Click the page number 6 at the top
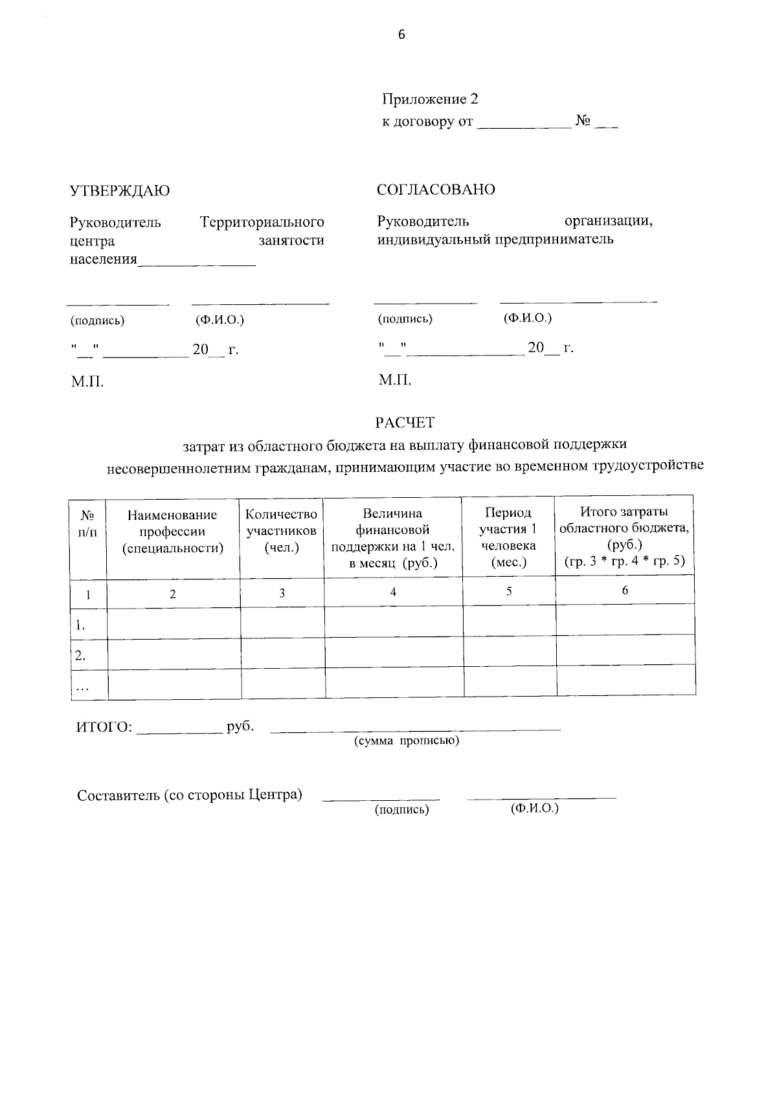tap(401, 35)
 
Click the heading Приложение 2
tap(430, 99)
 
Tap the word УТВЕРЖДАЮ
tap(120, 191)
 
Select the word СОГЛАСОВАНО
tap(436, 190)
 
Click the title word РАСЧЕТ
tap(405, 423)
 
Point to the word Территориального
tap(262, 223)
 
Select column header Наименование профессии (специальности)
tap(172, 532)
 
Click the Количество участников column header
tap(281, 531)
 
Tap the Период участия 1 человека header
tap(508, 537)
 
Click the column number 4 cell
tap(393, 592)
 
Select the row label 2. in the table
tap(80, 655)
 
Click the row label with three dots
tap(82, 688)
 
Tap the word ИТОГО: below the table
tap(104, 727)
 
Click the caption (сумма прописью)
tap(406, 741)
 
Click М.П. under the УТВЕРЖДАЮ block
tap(87, 381)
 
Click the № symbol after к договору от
tap(581, 121)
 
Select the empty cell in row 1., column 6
tap(625, 620)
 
